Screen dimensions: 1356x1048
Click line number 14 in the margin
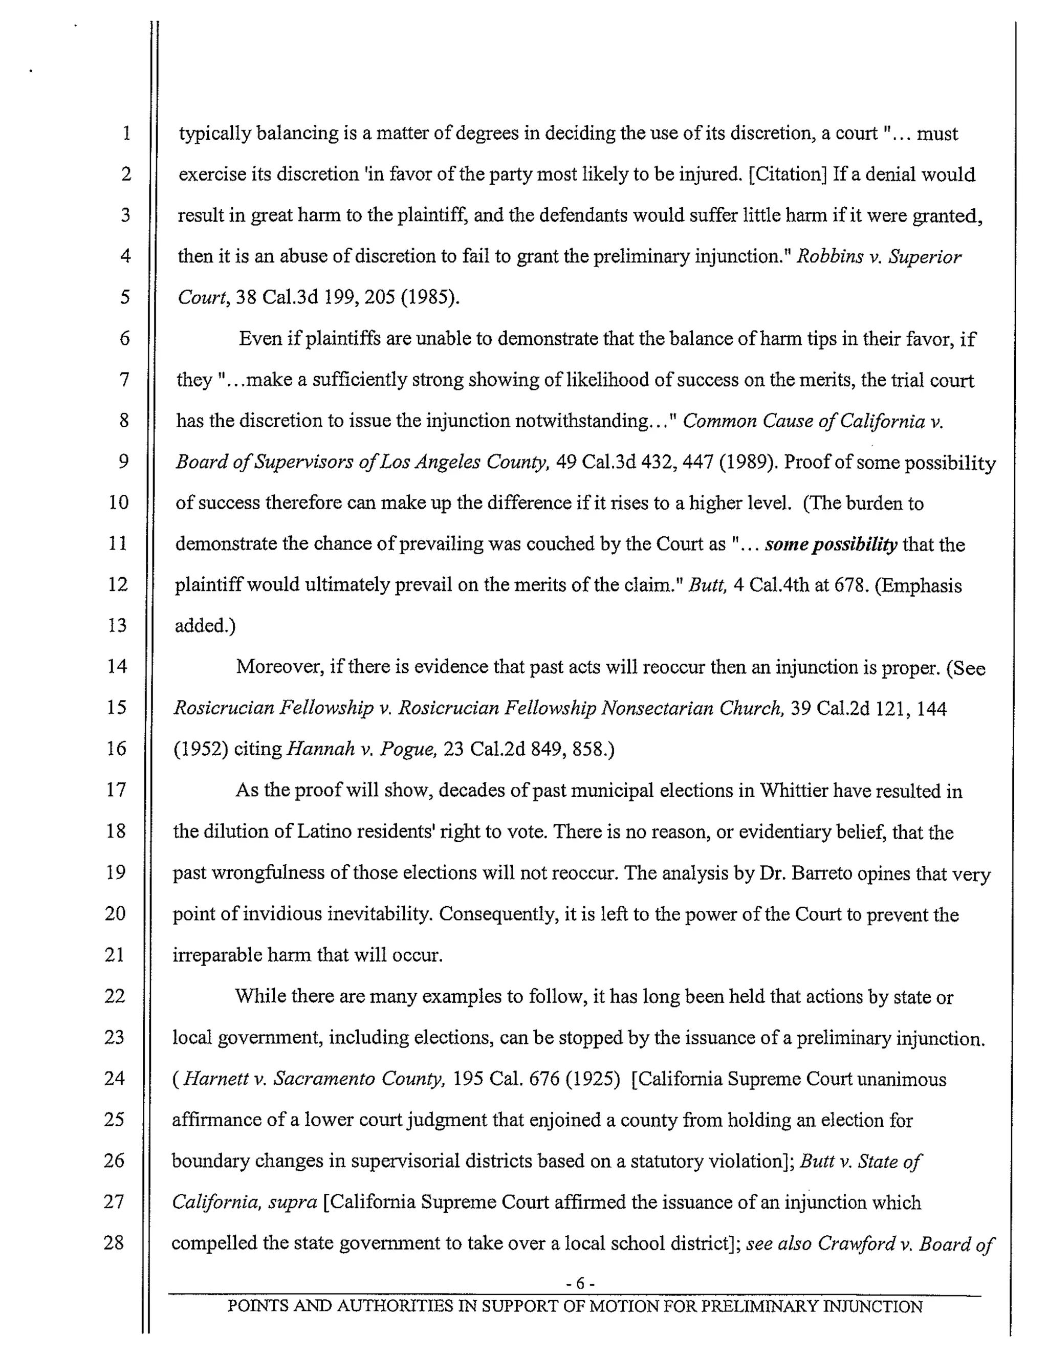click(x=117, y=666)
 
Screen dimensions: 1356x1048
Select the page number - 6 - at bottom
click(x=580, y=1283)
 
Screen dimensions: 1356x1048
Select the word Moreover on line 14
click(x=279, y=667)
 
